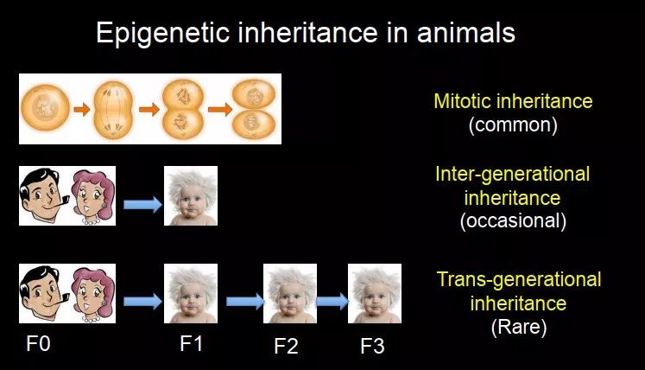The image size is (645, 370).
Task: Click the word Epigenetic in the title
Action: pos(162,33)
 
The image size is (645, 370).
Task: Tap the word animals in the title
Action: pos(466,33)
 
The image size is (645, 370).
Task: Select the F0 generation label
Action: pos(38,343)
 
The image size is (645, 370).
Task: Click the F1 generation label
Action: pos(192,343)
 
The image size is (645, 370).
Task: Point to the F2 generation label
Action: pos(286,346)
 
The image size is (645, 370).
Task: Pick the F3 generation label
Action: pos(372,346)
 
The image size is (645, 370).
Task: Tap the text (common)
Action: pos(513,124)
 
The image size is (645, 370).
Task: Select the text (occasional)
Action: pos(513,220)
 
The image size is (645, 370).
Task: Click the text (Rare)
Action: pos(519,327)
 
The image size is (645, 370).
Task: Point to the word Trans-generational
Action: pos(519,279)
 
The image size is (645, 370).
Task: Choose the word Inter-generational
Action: pos(513,175)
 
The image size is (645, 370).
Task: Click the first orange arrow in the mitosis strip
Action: pos(82,109)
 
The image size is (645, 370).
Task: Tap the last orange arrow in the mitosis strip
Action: pos(220,109)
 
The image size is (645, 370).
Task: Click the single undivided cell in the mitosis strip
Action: pos(45,107)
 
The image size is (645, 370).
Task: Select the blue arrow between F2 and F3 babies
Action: pos(332,301)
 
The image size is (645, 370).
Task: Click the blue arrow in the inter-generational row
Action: pos(143,204)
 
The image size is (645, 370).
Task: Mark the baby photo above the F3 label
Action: pos(375,293)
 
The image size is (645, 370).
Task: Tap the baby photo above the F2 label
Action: pos(290,293)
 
